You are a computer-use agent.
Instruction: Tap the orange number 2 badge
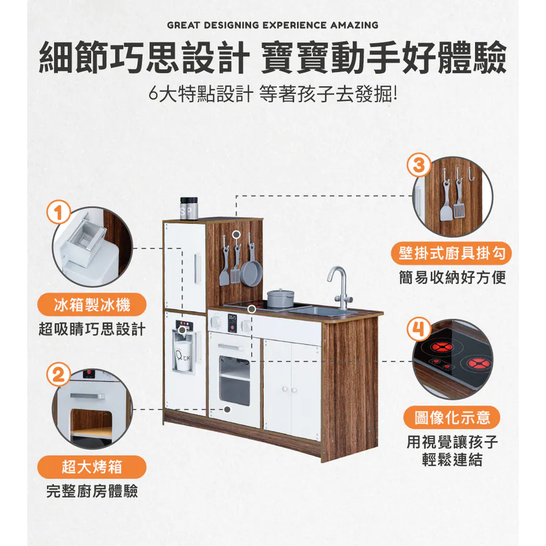click(x=58, y=375)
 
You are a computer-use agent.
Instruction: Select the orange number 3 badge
click(x=419, y=166)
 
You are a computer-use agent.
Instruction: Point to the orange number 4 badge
click(x=419, y=328)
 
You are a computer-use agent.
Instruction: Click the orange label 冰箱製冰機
click(x=92, y=305)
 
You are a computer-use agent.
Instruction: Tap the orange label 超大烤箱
click(x=92, y=467)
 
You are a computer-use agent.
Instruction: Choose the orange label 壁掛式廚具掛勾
click(x=451, y=253)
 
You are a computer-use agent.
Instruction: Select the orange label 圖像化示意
click(x=451, y=417)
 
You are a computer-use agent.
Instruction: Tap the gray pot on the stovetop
click(x=280, y=298)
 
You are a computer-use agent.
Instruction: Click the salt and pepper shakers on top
click(x=189, y=208)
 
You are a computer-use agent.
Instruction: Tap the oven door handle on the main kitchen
click(x=230, y=347)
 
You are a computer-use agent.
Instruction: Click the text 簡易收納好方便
click(x=452, y=278)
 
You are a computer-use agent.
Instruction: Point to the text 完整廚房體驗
click(x=92, y=491)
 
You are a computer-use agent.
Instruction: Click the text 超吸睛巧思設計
click(x=92, y=329)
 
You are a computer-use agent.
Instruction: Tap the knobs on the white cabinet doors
click(x=289, y=389)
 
